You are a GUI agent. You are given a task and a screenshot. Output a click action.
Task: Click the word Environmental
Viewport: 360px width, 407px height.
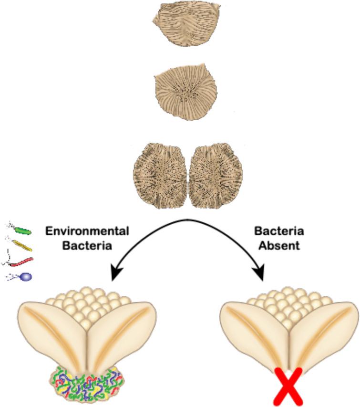click(x=87, y=231)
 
